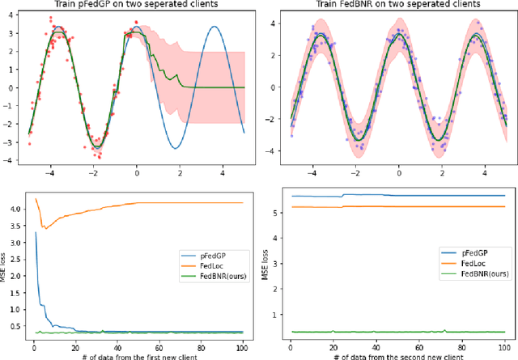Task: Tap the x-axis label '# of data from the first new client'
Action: (139, 354)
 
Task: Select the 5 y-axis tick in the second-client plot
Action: (278, 214)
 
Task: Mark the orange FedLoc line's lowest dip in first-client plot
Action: (45, 229)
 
